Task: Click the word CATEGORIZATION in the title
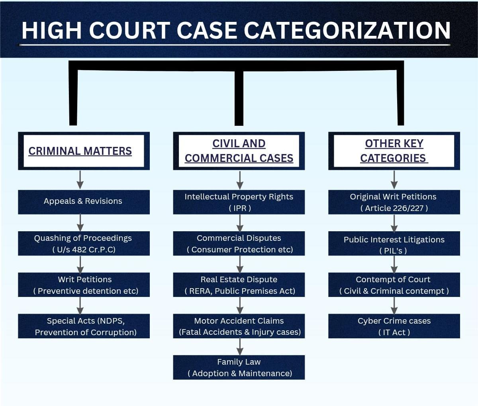[x=347, y=31]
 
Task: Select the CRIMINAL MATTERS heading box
[x=84, y=151]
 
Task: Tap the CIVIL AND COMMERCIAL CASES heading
[x=239, y=151]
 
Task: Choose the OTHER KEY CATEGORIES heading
[x=394, y=151]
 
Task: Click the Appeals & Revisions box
[x=84, y=202]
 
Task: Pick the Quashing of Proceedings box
[x=84, y=243]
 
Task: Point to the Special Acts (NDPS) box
[x=84, y=326]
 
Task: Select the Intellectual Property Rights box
[x=239, y=202]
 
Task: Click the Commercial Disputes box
[x=239, y=243]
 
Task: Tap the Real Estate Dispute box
[x=239, y=285]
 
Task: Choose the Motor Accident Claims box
[x=239, y=326]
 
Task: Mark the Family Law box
[x=239, y=367]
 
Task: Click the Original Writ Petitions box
[x=394, y=202]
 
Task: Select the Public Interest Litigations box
[x=394, y=243]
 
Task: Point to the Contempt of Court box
[x=394, y=285]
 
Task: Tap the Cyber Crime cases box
[x=394, y=326]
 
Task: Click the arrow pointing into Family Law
[x=240, y=347]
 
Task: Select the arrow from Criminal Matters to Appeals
[x=80, y=180]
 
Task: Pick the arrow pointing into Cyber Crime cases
[x=394, y=305]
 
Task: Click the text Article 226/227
[x=394, y=208]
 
